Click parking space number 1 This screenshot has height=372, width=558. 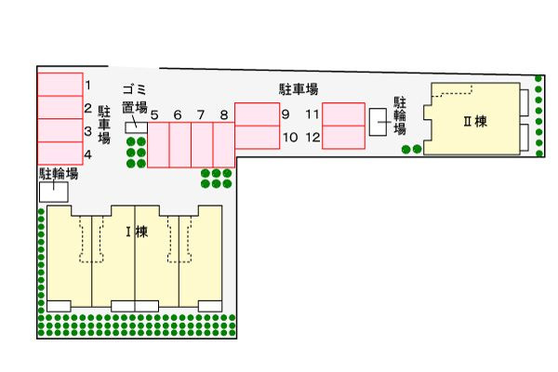pyautogui.click(x=60, y=85)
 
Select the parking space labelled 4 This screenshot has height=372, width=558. pyautogui.click(x=60, y=153)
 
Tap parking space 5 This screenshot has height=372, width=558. pyautogui.click(x=158, y=145)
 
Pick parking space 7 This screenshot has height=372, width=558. pyautogui.click(x=202, y=145)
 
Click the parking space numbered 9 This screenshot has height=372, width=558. pyautogui.click(x=257, y=114)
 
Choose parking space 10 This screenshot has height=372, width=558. pyautogui.click(x=257, y=137)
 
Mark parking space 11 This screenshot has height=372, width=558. pyautogui.click(x=344, y=114)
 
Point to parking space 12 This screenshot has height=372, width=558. pyautogui.click(x=344, y=137)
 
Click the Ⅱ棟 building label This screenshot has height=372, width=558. pyautogui.click(x=475, y=122)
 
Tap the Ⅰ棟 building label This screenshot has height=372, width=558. pyautogui.click(x=137, y=232)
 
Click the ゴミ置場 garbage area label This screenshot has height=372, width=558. pyautogui.click(x=135, y=99)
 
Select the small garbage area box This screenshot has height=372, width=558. pyautogui.click(x=137, y=127)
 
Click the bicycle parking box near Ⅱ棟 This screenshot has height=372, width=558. pyautogui.click(x=378, y=122)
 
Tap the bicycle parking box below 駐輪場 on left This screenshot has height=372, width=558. pyautogui.click(x=53, y=193)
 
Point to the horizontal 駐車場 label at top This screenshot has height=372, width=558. pyautogui.click(x=299, y=89)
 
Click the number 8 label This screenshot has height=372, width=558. pyautogui.click(x=224, y=115)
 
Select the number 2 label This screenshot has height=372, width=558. pyautogui.click(x=88, y=108)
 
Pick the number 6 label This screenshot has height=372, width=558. pyautogui.click(x=178, y=115)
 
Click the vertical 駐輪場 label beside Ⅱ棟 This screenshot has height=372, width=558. pyautogui.click(x=400, y=115)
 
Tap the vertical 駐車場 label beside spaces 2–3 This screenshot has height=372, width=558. pyautogui.click(x=104, y=125)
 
